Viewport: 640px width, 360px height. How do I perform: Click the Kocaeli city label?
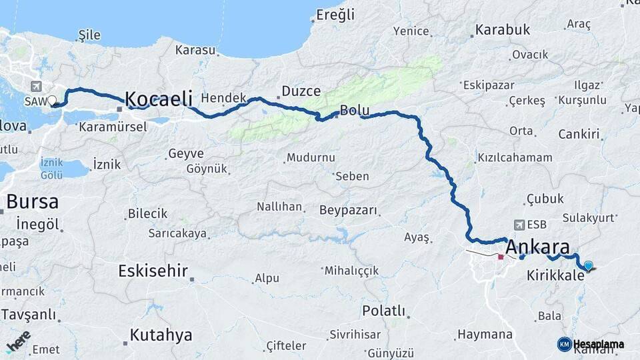pos(158,99)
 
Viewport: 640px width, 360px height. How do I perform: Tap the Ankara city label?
pos(537,247)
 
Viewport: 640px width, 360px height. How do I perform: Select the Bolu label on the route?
pos(354,111)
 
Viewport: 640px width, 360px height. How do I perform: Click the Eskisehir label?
pos(153,271)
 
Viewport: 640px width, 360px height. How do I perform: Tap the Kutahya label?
pos(161,335)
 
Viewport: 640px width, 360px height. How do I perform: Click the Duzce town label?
pos(301,91)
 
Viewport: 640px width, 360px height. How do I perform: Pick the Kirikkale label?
pos(555,275)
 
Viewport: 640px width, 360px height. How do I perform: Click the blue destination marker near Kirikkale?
pos(588,266)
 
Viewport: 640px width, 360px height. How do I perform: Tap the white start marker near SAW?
pos(52,101)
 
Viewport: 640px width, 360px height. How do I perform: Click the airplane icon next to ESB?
pos(520,225)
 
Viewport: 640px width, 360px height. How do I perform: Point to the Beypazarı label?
pos(348,211)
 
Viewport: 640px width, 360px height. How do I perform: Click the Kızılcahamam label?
pos(515,158)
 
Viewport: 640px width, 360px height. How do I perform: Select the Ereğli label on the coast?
pos(335,15)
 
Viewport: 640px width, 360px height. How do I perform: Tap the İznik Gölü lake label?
pos(51,168)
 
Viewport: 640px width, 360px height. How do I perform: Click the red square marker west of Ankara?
pos(501,256)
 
